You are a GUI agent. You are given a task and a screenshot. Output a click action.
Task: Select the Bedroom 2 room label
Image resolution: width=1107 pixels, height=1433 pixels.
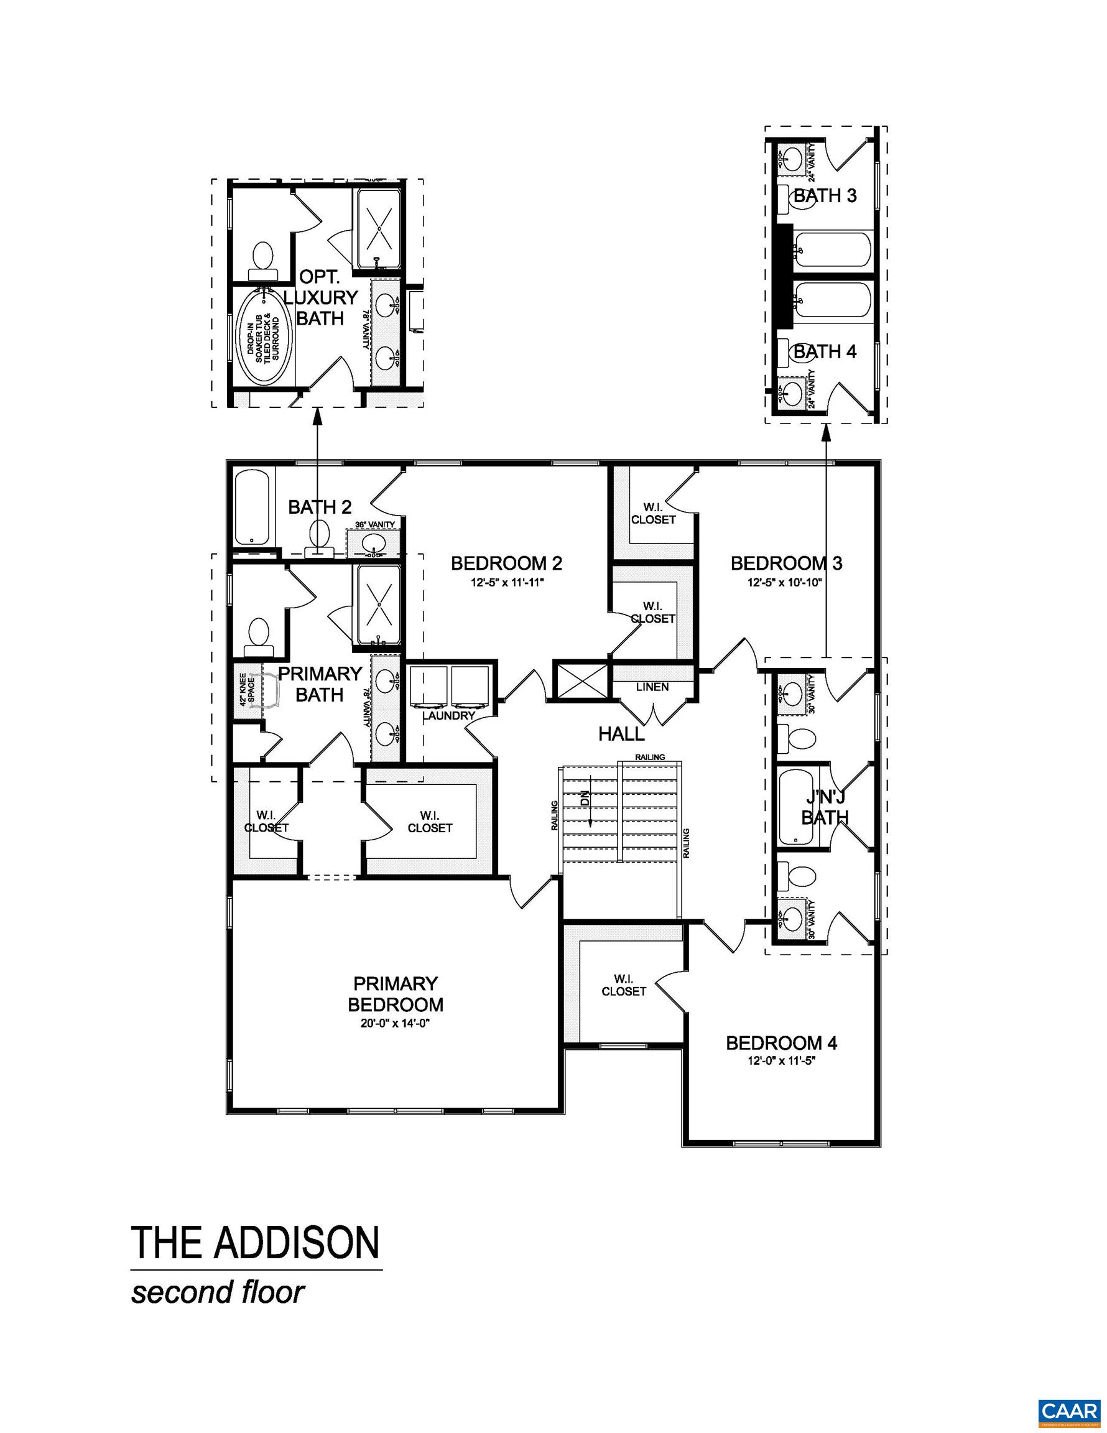coord(506,563)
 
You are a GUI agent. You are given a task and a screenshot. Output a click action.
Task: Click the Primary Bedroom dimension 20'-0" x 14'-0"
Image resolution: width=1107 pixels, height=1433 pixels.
coord(395,1023)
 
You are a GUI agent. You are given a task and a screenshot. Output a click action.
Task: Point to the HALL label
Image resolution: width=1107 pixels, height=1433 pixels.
coord(621,734)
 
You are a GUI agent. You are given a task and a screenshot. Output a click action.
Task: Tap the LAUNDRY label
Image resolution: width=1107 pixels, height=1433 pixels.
coord(448,715)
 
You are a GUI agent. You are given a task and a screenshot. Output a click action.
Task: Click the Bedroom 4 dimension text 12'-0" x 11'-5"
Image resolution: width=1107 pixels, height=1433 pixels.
coord(781,1061)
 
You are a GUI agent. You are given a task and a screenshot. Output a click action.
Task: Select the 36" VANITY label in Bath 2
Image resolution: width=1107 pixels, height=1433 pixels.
coord(374,524)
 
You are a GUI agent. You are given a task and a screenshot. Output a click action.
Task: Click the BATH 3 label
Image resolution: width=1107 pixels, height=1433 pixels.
coord(825,195)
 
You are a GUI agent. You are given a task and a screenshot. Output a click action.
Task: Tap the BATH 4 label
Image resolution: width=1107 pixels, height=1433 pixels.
coord(825,351)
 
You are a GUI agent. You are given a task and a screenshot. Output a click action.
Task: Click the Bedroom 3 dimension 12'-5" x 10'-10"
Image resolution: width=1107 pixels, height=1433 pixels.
coord(786,582)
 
